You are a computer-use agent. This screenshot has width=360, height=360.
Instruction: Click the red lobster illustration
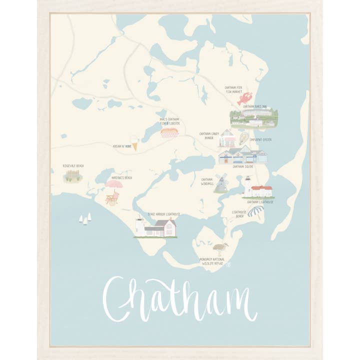pyautogui.click(x=245, y=98)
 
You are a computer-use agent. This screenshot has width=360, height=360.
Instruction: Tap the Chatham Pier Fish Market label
pyautogui.click(x=233, y=89)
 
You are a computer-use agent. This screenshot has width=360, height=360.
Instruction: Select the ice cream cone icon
pyautogui.click(x=134, y=142)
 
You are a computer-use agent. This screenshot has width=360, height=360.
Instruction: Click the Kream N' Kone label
pyautogui.click(x=121, y=146)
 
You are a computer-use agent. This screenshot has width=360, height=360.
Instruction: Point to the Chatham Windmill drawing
pyautogui.click(x=221, y=184)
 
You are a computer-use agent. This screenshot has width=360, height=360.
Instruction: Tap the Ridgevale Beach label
pyautogui.click(x=73, y=165)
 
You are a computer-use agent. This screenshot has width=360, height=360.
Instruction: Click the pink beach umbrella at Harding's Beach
pyautogui.click(x=113, y=184)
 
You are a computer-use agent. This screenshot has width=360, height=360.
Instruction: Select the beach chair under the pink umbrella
pyautogui.click(x=111, y=199)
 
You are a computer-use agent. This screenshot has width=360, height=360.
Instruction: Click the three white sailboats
pyautogui.click(x=86, y=219)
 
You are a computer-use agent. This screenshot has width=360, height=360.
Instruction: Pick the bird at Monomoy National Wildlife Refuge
pyautogui.click(x=220, y=248)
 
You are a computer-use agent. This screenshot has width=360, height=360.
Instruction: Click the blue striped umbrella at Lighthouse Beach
pyautogui.click(x=255, y=211)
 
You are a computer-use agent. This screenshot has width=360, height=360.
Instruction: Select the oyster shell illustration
pyautogui.click(x=243, y=138)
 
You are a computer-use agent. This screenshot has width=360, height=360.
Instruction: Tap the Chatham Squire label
pyautogui.click(x=242, y=166)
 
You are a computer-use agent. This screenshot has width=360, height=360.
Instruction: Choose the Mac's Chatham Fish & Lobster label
pyautogui.click(x=170, y=121)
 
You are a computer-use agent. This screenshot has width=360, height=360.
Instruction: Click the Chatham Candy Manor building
pyautogui.click(x=227, y=138)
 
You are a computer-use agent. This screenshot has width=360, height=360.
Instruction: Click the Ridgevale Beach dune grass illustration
pyautogui.click(x=72, y=176)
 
